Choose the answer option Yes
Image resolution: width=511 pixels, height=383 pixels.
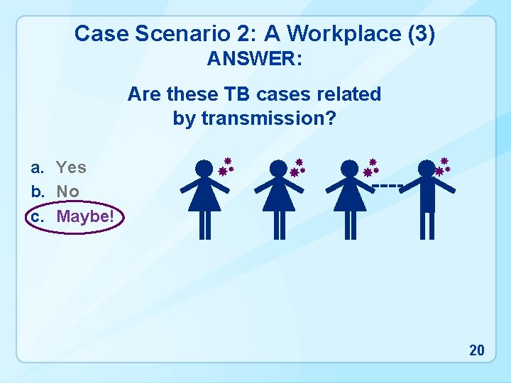tap(71, 167)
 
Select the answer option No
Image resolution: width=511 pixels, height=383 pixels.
tap(67, 191)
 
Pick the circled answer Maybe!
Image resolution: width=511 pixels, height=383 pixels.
tap(84, 216)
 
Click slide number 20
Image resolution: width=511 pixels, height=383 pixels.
tap(477, 350)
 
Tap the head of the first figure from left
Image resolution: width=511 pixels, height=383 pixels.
tap(204, 168)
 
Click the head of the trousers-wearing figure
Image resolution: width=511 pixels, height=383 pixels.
tap(427, 168)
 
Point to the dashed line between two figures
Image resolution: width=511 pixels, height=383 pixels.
tap(387, 186)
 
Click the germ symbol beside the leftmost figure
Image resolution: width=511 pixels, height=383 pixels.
tap(226, 167)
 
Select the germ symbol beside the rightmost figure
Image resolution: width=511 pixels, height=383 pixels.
tap(444, 167)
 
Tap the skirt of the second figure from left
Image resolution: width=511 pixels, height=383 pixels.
tap(279, 198)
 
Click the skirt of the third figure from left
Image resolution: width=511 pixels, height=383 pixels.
tap(351, 198)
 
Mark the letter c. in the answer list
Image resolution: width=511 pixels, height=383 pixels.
tap(36, 216)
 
